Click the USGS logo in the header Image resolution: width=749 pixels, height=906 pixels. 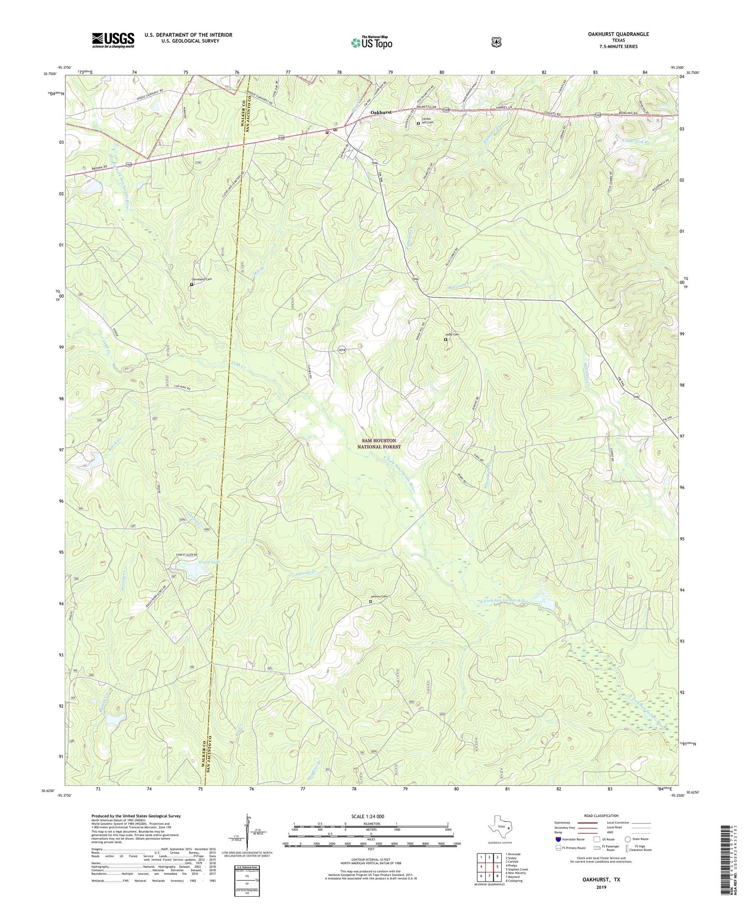coord(113,39)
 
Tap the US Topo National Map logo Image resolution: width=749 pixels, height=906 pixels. coord(371,43)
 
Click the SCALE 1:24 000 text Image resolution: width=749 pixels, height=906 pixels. coord(368,816)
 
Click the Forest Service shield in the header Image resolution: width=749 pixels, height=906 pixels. coord(496,42)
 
